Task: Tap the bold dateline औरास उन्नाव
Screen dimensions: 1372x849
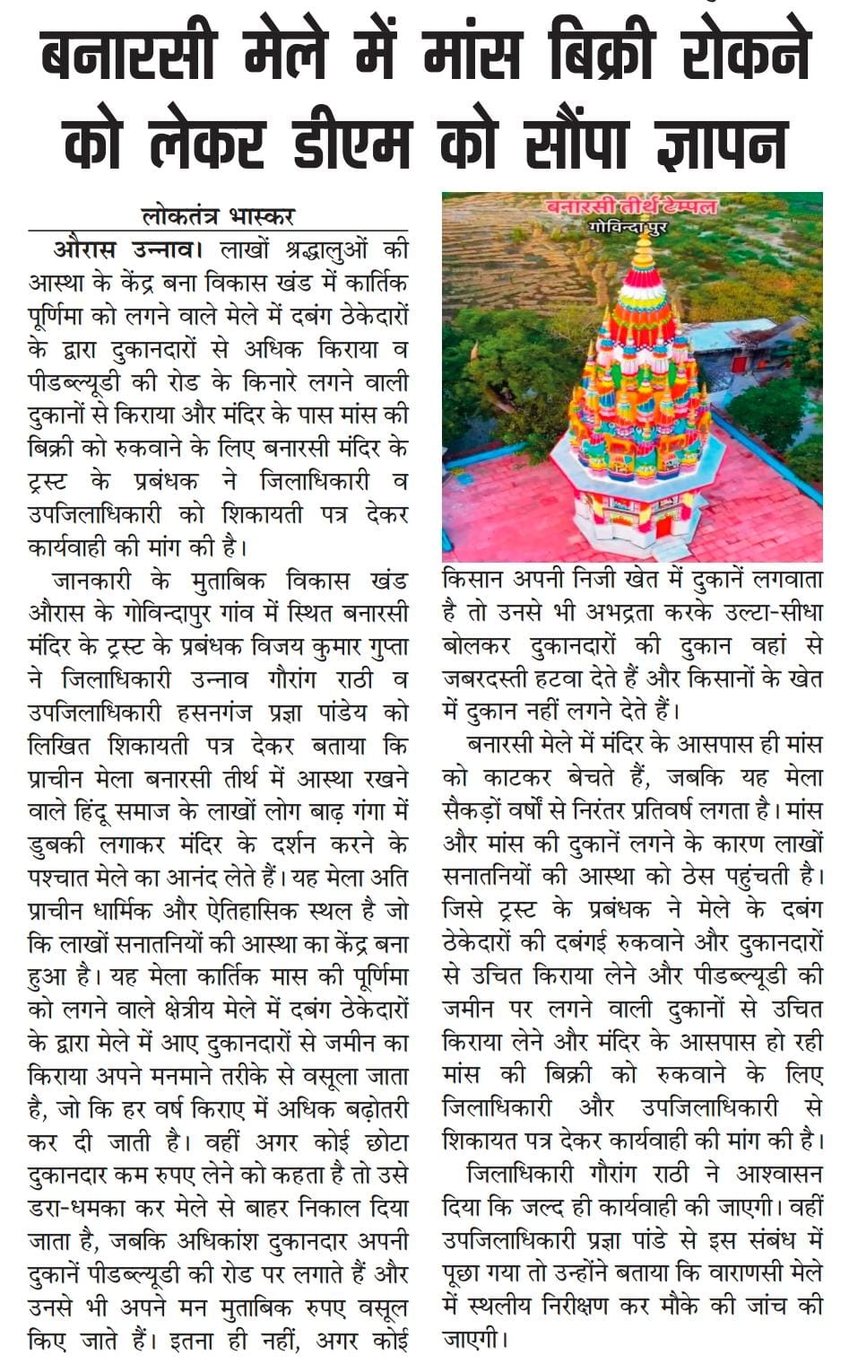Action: point(119,249)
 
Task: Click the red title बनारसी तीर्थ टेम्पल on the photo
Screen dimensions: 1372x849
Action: point(633,207)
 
